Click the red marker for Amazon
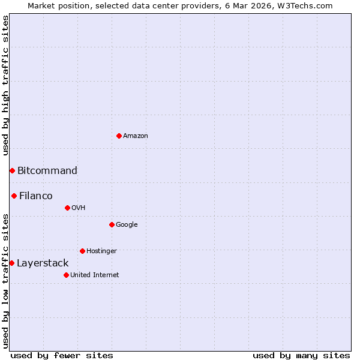(x=119, y=136)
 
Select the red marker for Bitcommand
(x=12, y=171)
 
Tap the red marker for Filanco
(x=14, y=196)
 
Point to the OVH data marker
(x=67, y=208)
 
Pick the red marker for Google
(x=112, y=224)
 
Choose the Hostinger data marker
(x=82, y=251)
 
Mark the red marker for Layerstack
(x=11, y=263)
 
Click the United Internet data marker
(x=66, y=275)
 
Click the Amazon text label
(x=136, y=136)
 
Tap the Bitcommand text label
(x=47, y=171)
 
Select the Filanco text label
(x=36, y=196)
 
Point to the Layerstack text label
(x=43, y=263)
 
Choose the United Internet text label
(x=95, y=275)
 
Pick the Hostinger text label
(x=101, y=251)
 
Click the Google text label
(x=127, y=225)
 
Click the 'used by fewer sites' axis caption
(x=62, y=355)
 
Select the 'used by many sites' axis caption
(x=301, y=355)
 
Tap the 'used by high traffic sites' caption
(x=6, y=85)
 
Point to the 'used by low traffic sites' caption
(x=6, y=281)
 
